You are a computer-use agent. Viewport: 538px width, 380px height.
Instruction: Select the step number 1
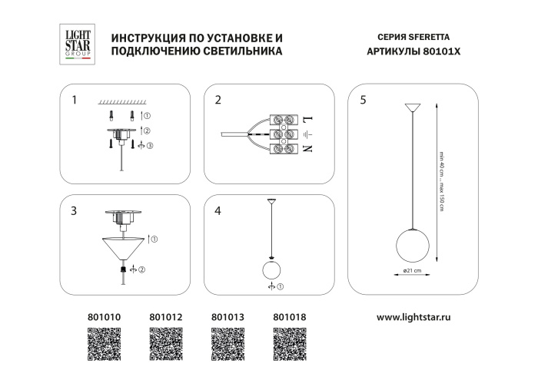click(75, 100)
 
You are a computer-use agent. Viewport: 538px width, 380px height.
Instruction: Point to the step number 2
click(218, 100)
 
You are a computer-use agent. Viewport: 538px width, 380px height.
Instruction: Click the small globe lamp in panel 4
click(271, 271)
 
